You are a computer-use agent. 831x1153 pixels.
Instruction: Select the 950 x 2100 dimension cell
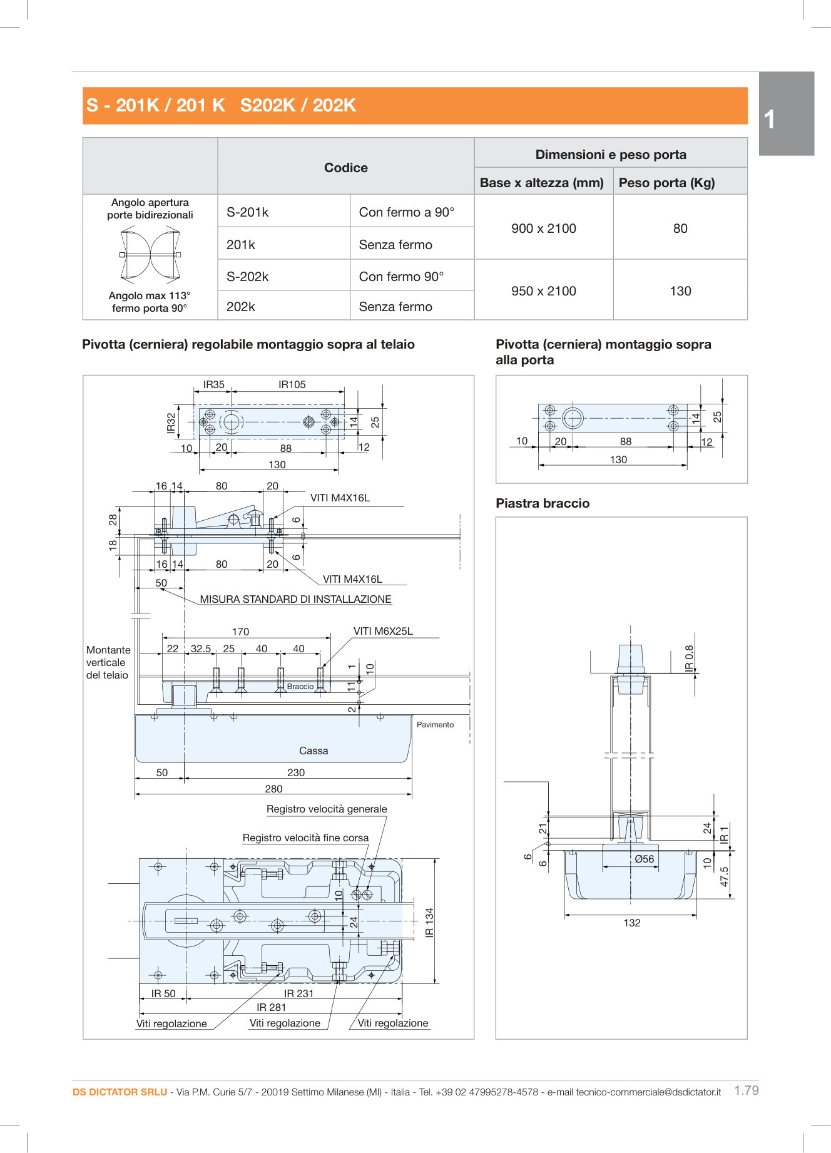(x=543, y=291)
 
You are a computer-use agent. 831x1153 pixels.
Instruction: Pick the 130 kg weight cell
(x=680, y=291)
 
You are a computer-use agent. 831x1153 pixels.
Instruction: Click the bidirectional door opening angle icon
(x=150, y=254)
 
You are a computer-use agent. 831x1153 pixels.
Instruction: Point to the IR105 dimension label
(x=292, y=384)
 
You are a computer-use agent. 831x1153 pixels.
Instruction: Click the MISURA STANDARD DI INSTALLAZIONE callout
(x=295, y=599)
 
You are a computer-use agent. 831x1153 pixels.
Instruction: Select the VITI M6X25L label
(x=383, y=631)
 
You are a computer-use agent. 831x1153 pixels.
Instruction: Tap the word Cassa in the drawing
(x=314, y=751)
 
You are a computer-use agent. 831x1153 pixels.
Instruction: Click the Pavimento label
(x=435, y=724)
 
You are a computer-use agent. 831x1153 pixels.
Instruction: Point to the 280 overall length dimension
(x=273, y=789)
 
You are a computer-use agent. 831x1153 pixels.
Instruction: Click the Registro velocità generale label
(x=327, y=809)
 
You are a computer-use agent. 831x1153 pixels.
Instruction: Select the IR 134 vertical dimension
(x=429, y=922)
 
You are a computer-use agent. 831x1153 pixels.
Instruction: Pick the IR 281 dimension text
(x=271, y=1007)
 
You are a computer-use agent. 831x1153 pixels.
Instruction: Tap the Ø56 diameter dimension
(x=644, y=859)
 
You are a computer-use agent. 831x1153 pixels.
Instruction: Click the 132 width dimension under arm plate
(x=632, y=923)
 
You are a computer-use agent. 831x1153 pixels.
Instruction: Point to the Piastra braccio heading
(x=543, y=503)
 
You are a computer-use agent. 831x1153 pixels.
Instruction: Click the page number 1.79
(x=746, y=1090)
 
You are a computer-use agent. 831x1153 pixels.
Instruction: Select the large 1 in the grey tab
(x=770, y=119)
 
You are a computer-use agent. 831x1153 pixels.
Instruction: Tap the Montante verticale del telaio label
(x=108, y=662)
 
